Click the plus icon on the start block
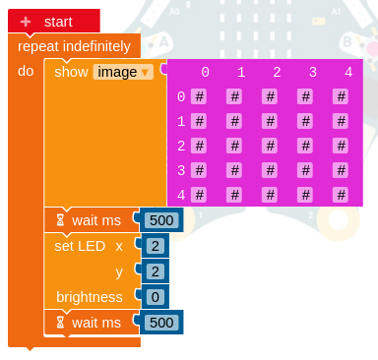point(27,21)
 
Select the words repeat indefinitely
point(74,45)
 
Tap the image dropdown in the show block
point(123,71)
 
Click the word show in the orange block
point(71,71)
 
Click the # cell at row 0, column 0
point(198,96)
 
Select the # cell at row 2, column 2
point(269,146)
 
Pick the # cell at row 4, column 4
point(340,195)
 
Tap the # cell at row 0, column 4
point(340,96)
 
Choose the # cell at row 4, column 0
point(198,195)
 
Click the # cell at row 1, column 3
point(304,121)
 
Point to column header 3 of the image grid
point(312,72)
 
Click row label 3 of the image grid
point(180,170)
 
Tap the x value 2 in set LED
point(155,246)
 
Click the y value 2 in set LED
point(155,271)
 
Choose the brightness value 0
point(155,297)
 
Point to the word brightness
point(89,297)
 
